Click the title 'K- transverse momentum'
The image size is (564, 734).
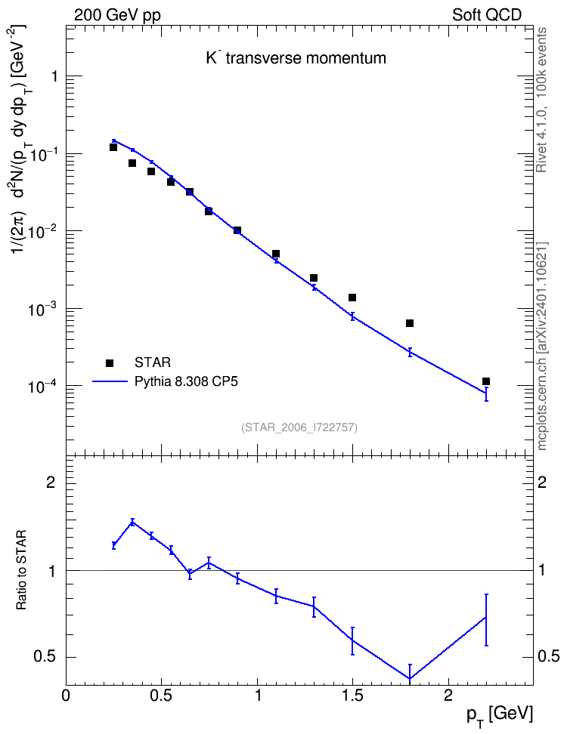(296, 58)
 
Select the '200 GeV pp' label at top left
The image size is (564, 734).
(117, 15)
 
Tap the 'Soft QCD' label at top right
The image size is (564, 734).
(487, 15)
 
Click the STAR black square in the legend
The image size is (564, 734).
(110, 362)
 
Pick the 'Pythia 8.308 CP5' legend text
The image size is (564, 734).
(186, 381)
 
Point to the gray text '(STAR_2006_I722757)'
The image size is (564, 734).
(299, 427)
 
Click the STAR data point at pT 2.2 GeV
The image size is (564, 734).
(486, 381)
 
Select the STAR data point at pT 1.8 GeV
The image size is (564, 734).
(410, 323)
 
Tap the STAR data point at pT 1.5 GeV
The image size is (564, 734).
(352, 298)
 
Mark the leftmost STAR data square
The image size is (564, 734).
(113, 147)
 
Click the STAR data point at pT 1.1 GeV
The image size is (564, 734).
(276, 254)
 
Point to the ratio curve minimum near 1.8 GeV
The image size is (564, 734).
(410, 678)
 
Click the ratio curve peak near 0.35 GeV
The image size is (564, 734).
(132, 522)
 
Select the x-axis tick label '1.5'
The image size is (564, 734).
(352, 695)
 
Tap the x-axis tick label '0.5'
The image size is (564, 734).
(161, 695)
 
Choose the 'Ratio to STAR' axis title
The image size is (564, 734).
(21, 570)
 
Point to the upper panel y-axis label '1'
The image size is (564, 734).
(54, 76)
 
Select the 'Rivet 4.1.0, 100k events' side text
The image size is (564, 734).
(541, 100)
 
